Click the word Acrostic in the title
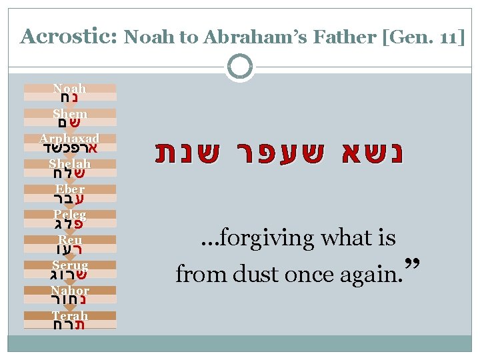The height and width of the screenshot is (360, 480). [68, 36]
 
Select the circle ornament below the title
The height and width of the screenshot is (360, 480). [240, 67]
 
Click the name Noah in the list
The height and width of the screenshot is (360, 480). [69, 89]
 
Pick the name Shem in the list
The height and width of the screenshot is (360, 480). [69, 114]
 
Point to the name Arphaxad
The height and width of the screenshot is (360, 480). [69, 139]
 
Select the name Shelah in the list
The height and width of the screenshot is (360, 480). [69, 164]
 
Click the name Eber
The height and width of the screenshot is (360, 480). [69, 189]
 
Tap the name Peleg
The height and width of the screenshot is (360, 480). [69, 215]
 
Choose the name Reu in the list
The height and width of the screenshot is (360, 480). [69, 239]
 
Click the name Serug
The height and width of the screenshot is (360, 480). [69, 265]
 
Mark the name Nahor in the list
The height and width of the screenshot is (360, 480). [69, 291]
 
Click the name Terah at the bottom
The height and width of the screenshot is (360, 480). [69, 315]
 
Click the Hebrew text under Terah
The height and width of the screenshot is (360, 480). [69, 325]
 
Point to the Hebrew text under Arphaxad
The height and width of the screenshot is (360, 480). [69, 148]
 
